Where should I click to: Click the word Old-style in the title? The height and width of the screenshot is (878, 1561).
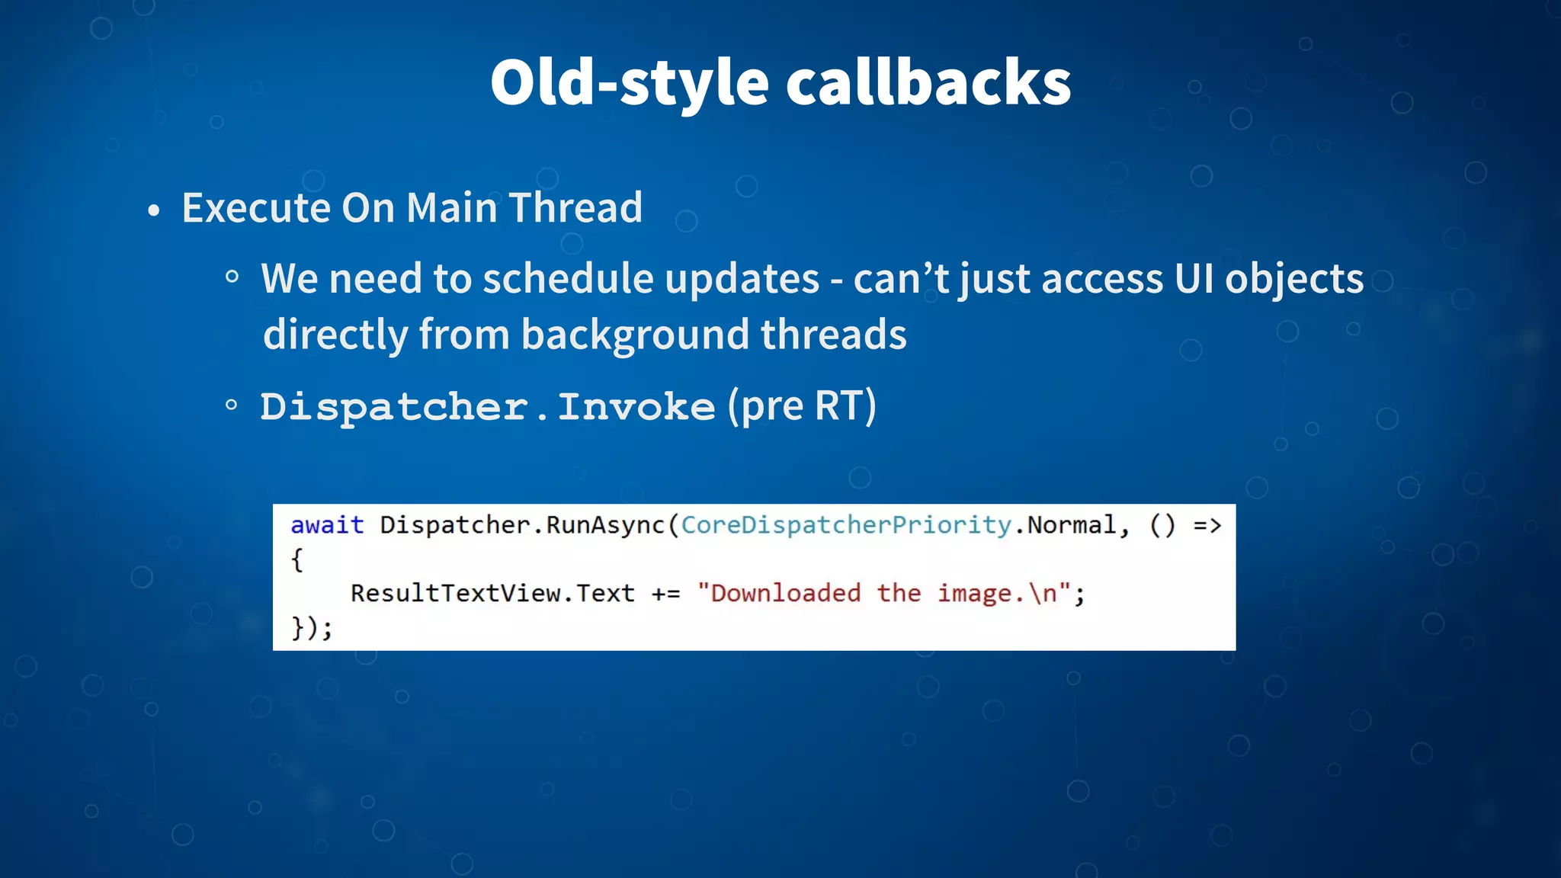tap(630, 82)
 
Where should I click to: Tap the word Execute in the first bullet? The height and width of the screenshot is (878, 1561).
tap(255, 208)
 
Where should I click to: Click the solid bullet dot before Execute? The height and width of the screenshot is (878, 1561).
tap(154, 211)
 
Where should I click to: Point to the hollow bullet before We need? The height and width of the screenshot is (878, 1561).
tap(232, 277)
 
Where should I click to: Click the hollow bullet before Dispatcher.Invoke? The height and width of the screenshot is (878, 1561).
tap(232, 405)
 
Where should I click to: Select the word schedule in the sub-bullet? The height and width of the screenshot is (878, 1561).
tap(567, 279)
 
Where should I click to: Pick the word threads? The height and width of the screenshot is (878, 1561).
tap(833, 335)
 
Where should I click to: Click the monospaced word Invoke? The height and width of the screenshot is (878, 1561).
tap(636, 407)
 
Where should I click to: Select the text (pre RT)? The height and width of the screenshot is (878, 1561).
tap(802, 406)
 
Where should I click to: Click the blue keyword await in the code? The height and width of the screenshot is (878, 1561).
tap(327, 525)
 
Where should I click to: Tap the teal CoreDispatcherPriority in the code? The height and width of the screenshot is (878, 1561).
tap(846, 525)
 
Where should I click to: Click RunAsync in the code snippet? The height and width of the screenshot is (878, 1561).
tap(605, 525)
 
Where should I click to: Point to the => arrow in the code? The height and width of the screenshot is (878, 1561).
tap(1207, 525)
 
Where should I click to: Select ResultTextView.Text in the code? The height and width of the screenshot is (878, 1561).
tap(492, 593)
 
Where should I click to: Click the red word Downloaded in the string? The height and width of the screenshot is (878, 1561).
tap(785, 593)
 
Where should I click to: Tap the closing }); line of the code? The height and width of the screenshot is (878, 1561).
tap(312, 628)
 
